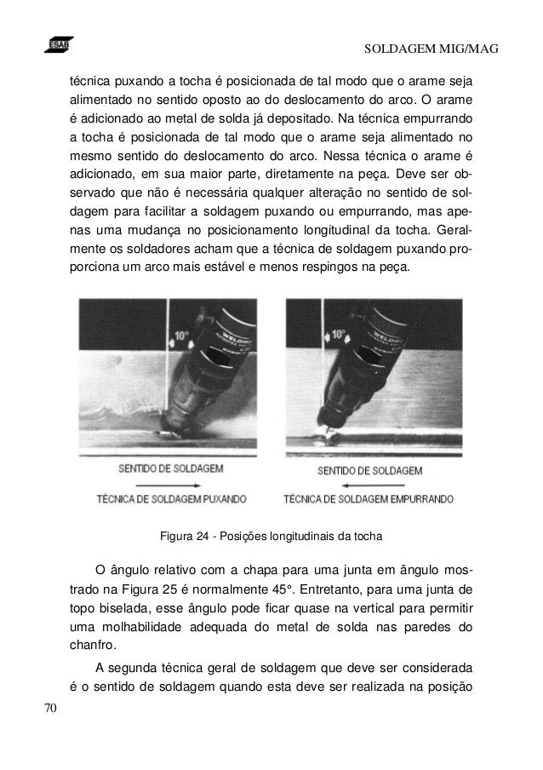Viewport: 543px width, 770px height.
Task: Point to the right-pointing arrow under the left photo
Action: click(162, 483)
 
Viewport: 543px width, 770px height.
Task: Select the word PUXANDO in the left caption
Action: click(217, 498)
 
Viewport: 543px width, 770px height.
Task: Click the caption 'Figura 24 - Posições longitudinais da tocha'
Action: click(271, 537)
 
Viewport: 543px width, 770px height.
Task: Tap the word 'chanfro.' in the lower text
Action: click(91, 645)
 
